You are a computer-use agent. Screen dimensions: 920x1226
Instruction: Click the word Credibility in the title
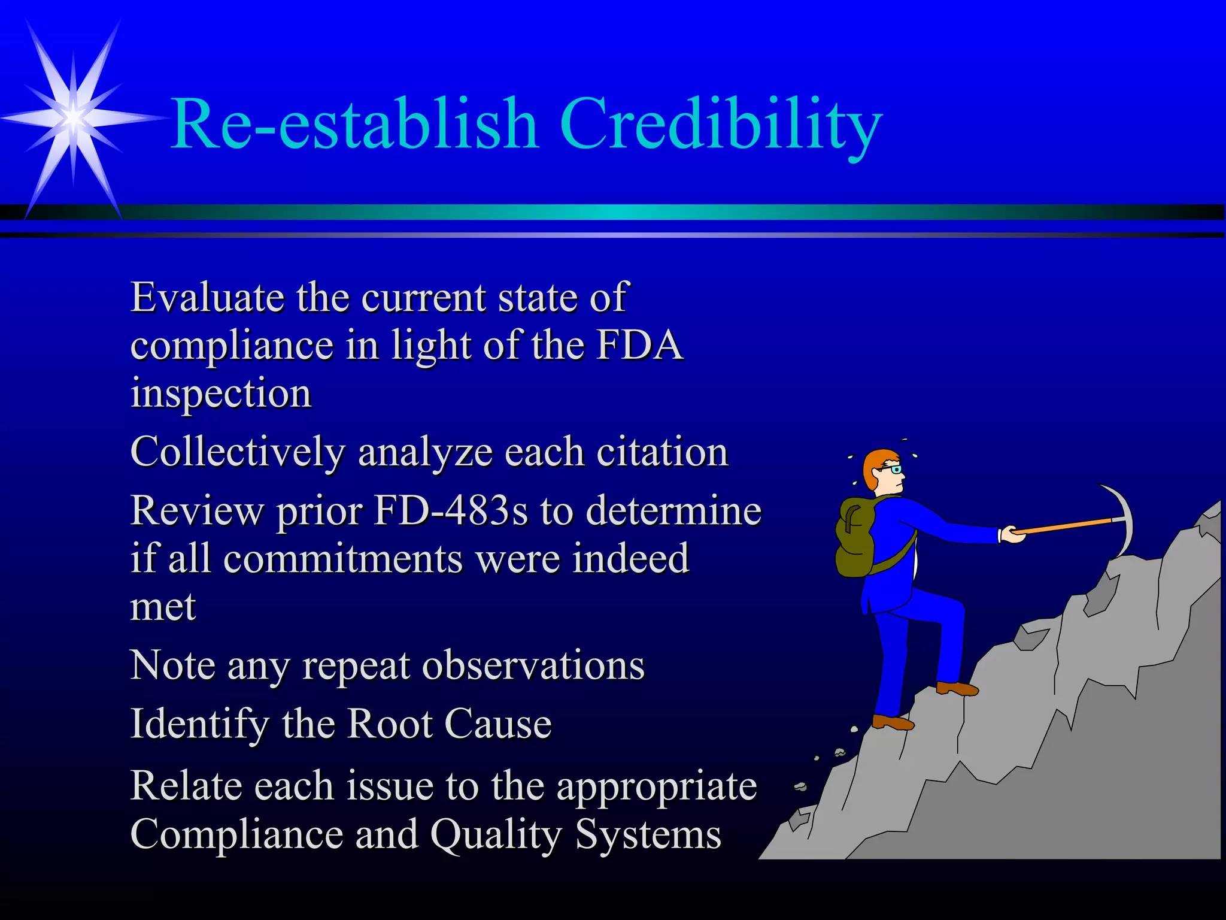pyautogui.click(x=721, y=125)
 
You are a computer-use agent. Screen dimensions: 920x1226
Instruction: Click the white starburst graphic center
pyautogui.click(x=74, y=117)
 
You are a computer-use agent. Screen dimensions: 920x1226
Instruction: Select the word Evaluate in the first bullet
pyautogui.click(x=207, y=298)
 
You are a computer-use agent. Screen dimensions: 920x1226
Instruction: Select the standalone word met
pyautogui.click(x=163, y=607)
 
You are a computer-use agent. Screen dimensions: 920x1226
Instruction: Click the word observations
pyautogui.click(x=533, y=666)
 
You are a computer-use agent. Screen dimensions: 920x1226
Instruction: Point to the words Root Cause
pyautogui.click(x=449, y=724)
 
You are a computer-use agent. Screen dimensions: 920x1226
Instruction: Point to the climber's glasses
pyautogui.click(x=894, y=470)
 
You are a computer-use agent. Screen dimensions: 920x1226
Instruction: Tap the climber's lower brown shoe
pyautogui.click(x=893, y=722)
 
